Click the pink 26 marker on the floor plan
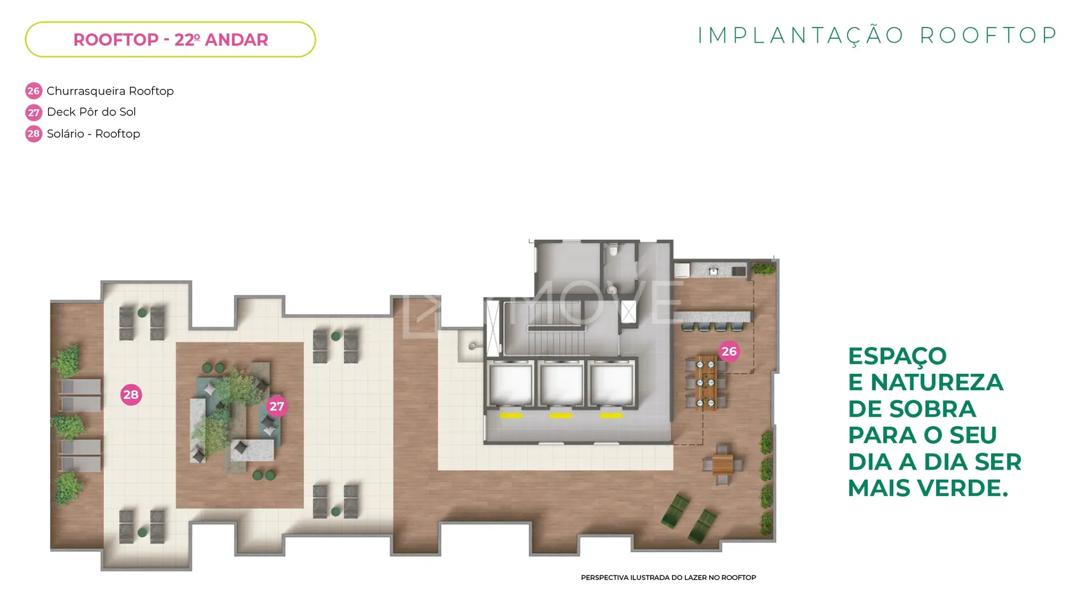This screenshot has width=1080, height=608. coord(729,351)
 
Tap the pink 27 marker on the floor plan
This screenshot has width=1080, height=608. coord(277,406)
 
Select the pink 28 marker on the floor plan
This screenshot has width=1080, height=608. coord(131,395)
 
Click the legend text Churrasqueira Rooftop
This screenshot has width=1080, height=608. coord(110,91)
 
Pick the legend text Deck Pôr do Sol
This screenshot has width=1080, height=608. coord(91,112)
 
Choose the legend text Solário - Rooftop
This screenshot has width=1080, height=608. coord(93,133)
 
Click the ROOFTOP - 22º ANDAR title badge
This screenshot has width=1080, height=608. coord(170,39)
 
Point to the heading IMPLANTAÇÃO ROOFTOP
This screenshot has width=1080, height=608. coord(877,35)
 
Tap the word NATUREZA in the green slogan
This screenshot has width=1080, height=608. coord(937,382)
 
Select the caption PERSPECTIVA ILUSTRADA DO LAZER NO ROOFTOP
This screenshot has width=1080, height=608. coord(668,578)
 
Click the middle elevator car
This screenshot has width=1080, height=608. coord(561,383)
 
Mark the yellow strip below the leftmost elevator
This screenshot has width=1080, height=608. coord(511,415)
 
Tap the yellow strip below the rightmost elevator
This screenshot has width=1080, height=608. coord(611,415)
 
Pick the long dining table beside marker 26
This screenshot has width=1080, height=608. coord(705,383)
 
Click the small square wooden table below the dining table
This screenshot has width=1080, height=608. coord(723,465)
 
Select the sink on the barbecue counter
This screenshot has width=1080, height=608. coord(713,271)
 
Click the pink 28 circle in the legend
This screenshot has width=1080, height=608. coord(34,133)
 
